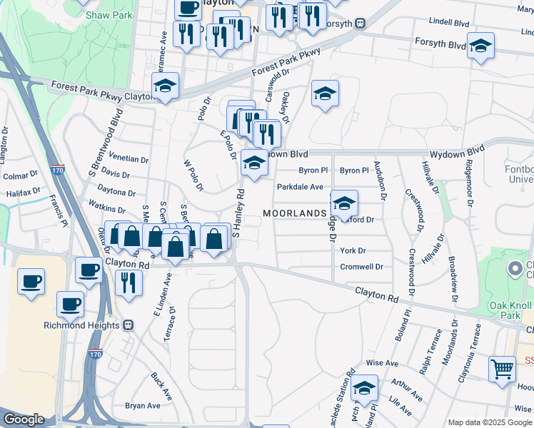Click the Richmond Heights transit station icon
point(129,325)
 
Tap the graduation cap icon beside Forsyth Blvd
point(480,46)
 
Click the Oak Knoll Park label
point(510,310)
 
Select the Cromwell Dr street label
point(362,267)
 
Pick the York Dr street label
point(353,251)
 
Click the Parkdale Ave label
point(301,187)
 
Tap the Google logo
point(24,419)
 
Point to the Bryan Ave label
point(143,406)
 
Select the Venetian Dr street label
point(130,160)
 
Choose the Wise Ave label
point(382,363)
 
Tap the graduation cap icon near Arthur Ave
point(365,387)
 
